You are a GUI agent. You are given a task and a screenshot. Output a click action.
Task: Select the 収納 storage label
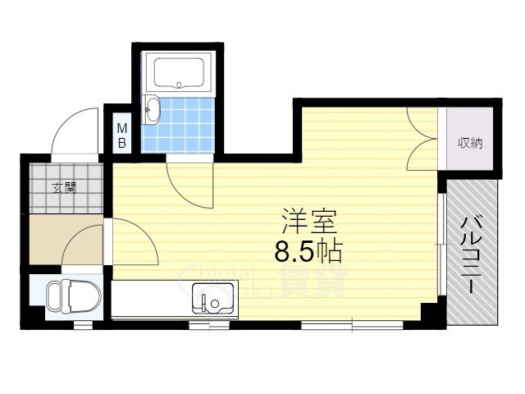point(470,143)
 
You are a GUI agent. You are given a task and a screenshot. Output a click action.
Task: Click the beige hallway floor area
point(66,239)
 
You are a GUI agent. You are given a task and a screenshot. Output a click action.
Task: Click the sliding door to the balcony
point(444,246)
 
